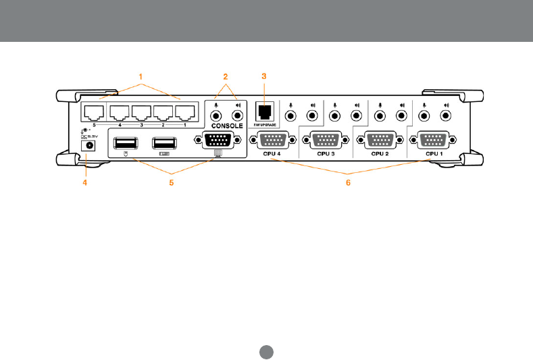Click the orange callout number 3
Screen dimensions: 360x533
pyautogui.click(x=264, y=76)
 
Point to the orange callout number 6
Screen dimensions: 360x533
pyautogui.click(x=348, y=182)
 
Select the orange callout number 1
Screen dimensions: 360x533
pyautogui.click(x=141, y=76)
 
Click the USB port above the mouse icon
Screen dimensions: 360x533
pyautogui.click(x=126, y=144)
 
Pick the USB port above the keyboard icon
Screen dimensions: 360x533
pyautogui.click(x=163, y=144)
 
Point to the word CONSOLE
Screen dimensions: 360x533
pyautogui.click(x=227, y=125)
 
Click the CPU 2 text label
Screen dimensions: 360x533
pyautogui.click(x=380, y=154)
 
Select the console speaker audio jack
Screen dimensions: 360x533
pyautogui.click(x=238, y=114)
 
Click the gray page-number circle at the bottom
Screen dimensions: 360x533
pyautogui.click(x=266, y=352)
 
